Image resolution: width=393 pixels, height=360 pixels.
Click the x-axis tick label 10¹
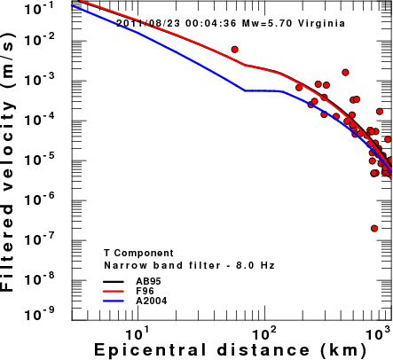click(137, 334)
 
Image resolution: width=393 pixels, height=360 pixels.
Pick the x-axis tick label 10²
click(264, 334)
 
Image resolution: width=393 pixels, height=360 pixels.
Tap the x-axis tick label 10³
click(379, 334)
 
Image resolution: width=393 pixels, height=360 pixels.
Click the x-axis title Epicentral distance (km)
click(231, 350)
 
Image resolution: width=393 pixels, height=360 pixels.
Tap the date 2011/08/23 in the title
click(148, 23)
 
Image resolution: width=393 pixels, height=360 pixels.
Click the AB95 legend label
click(148, 281)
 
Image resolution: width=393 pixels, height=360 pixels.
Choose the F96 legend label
click(145, 291)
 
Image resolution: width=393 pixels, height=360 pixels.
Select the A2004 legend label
click(152, 301)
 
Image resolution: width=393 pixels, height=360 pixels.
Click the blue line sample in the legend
click(114, 301)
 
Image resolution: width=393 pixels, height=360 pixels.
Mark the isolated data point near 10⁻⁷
click(374, 228)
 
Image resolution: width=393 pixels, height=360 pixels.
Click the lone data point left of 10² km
click(235, 50)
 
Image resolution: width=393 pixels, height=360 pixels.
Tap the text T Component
click(138, 253)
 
